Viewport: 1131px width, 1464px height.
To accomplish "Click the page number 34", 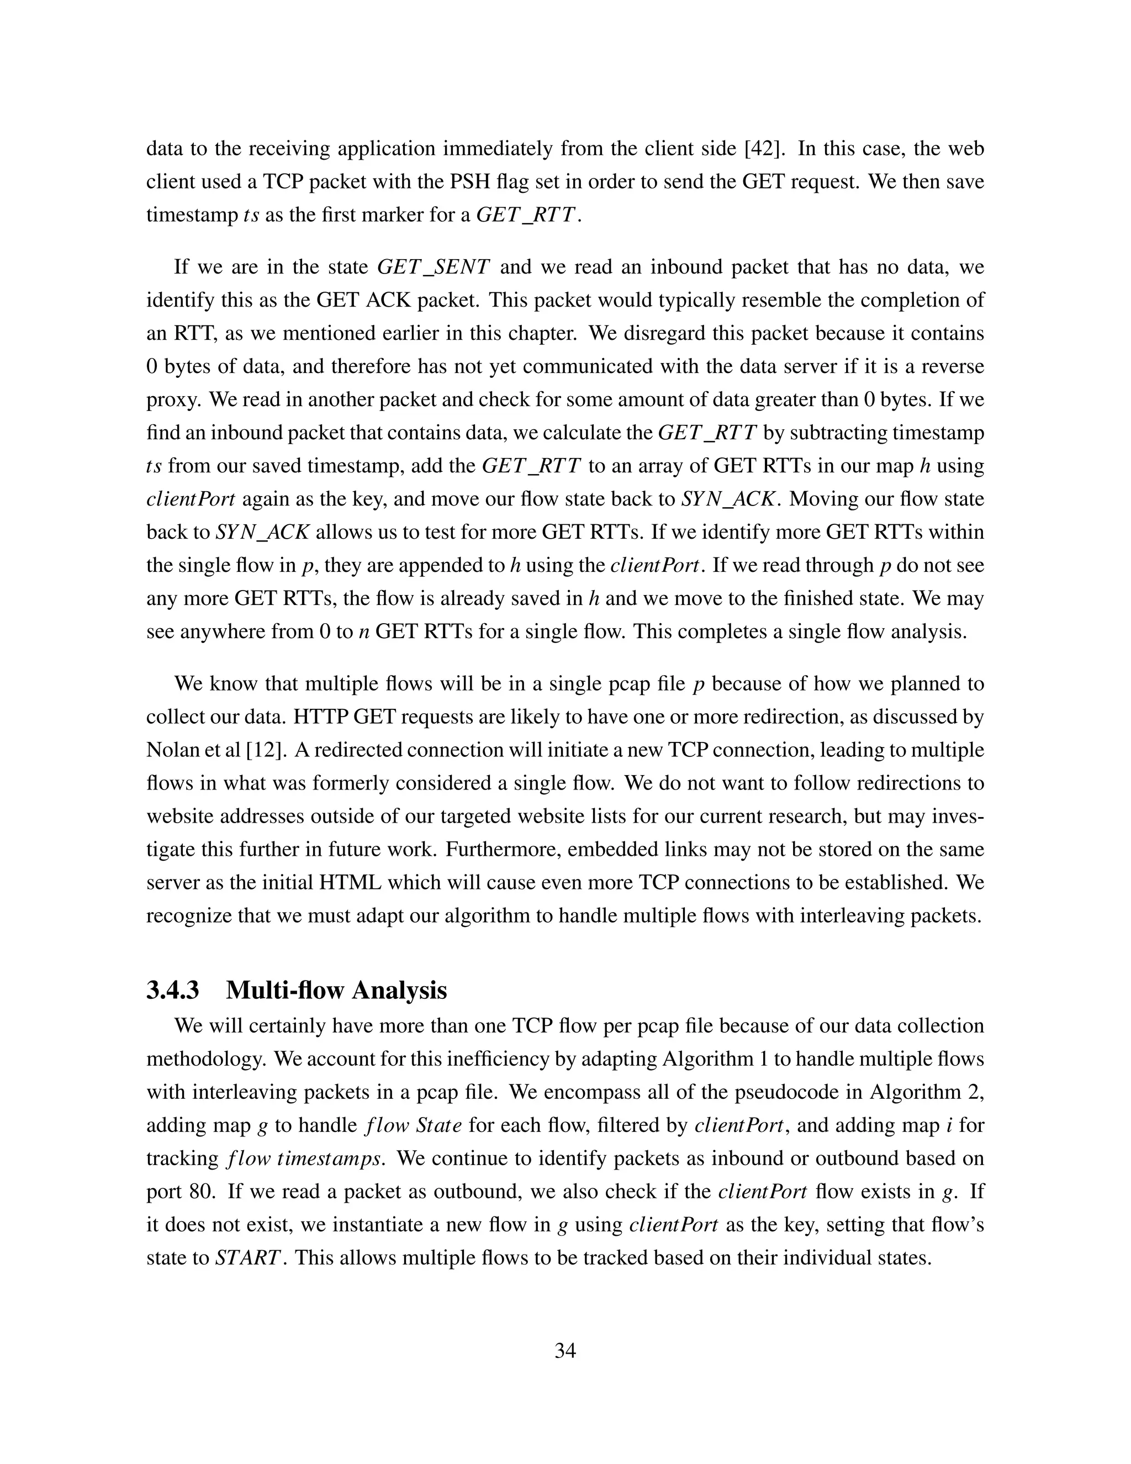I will [x=565, y=1350].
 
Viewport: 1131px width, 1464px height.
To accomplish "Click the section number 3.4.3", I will [x=173, y=990].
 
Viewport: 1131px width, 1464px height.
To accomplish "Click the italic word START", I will [x=246, y=1257].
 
